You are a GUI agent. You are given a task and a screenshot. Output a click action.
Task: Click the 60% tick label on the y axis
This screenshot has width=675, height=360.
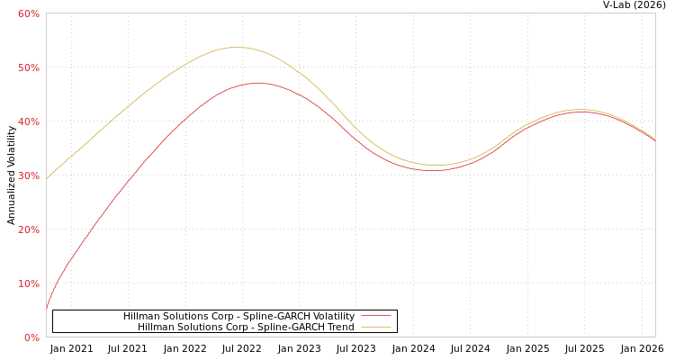coord(29,13)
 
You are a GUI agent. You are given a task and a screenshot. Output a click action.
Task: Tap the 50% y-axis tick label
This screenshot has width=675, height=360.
coord(29,67)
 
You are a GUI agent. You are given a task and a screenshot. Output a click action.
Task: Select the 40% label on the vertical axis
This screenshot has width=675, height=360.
coord(29,121)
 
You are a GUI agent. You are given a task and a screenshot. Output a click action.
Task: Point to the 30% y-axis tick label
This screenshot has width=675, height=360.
coord(29,175)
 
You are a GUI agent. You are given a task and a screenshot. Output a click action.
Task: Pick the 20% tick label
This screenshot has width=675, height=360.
coord(29,229)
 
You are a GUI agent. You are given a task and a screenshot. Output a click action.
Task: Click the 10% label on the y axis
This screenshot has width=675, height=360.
coord(29,283)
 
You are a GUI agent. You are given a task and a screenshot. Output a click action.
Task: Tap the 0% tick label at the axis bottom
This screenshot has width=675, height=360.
coord(31,337)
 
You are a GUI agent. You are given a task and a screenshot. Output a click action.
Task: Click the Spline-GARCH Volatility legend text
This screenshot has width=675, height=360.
coord(238,317)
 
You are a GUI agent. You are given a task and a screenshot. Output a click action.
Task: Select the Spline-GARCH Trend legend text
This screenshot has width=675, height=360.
coord(246,328)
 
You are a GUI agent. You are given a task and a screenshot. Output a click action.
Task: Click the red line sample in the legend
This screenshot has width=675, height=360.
coord(375,317)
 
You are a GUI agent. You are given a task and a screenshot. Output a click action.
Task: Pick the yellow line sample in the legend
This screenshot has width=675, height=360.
coord(375,328)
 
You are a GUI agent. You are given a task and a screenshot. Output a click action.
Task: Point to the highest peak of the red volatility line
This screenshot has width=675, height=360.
coord(257,83)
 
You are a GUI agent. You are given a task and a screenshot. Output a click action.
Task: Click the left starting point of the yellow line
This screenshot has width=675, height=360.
coord(47,178)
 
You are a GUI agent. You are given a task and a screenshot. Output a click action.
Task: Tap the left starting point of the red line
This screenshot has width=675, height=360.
coord(47,309)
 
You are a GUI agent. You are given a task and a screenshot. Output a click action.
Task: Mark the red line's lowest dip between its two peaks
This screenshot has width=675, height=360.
coord(434,170)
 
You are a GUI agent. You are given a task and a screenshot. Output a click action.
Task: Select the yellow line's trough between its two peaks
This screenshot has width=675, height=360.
coord(436,165)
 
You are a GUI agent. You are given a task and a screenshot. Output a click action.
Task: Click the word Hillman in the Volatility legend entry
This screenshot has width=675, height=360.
coord(142,317)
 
